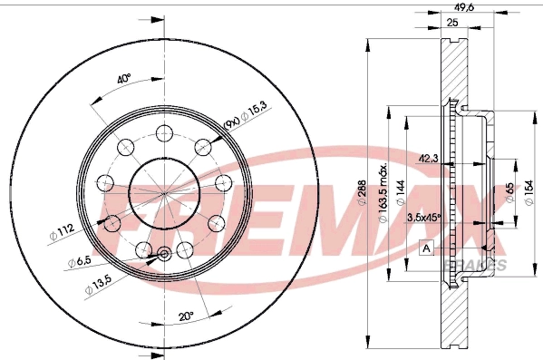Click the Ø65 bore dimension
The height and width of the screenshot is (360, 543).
[x=510, y=192]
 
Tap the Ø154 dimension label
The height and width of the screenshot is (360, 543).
[x=531, y=192]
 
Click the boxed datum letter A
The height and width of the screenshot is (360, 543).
[x=426, y=247]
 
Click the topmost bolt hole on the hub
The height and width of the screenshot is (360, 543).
[x=164, y=134]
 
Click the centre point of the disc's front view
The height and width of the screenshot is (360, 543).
[x=164, y=194]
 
